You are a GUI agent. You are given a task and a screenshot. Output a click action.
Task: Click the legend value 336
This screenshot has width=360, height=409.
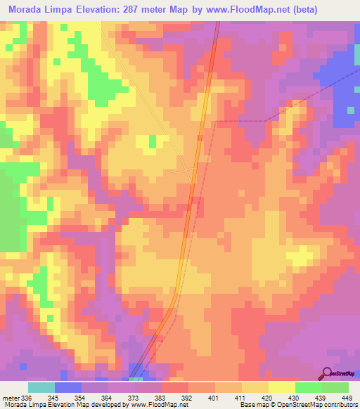click(25, 397)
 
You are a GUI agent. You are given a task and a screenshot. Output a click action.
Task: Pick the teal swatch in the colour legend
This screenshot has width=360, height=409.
click(41, 387)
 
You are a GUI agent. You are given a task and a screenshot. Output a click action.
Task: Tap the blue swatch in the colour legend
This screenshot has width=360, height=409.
click(68, 387)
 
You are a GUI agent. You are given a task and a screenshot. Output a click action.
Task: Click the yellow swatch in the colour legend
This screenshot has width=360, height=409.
click(281, 387)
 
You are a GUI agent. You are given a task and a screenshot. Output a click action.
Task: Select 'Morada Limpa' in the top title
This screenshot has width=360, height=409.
click(39, 10)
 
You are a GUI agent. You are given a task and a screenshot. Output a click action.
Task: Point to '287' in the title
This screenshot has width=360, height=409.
click(134, 10)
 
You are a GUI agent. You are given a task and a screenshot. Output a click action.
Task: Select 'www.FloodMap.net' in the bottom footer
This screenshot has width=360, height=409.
click(154, 405)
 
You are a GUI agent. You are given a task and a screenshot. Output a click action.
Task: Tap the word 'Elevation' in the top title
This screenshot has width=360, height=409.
click(97, 10)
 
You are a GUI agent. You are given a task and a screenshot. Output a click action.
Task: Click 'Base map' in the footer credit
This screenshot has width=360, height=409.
click(252, 405)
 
